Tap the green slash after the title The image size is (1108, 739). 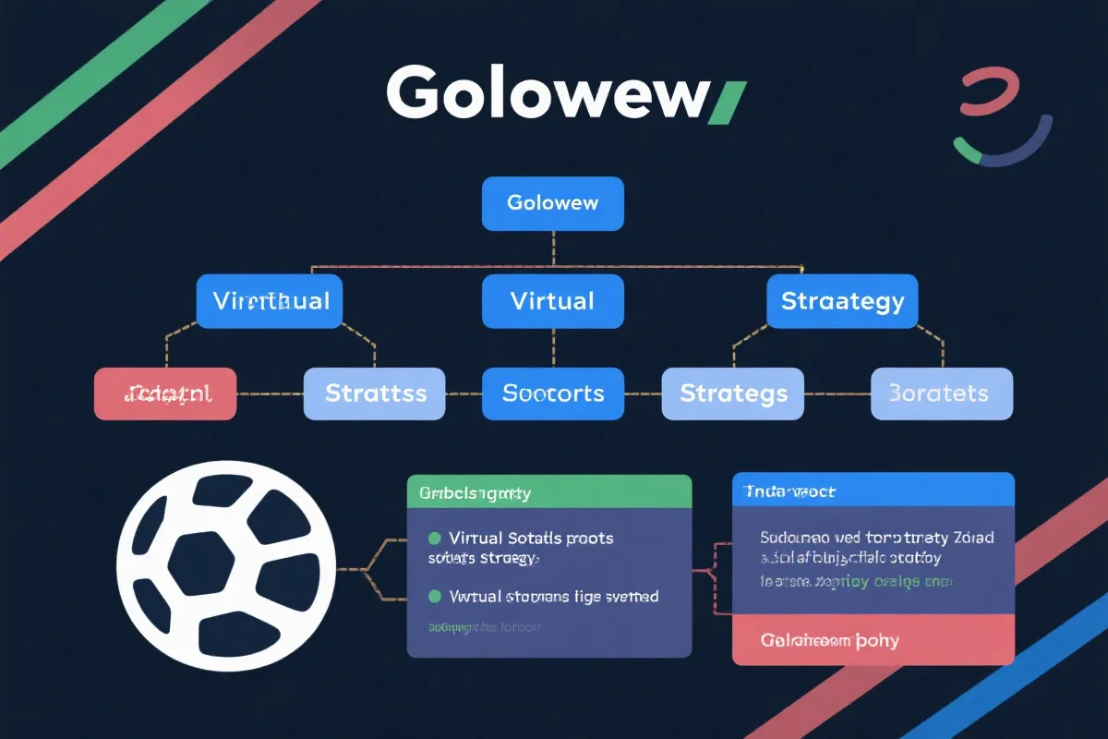coord(726,102)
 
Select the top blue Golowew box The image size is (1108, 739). coord(553,203)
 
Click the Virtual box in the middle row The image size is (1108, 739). coord(553,301)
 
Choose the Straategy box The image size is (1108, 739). coord(842,301)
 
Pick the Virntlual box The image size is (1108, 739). coord(270,301)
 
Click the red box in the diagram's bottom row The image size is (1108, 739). coord(166,394)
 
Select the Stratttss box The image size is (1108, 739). coord(375,394)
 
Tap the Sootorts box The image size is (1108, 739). coord(553,394)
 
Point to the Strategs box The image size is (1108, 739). coord(733,394)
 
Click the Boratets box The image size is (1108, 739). coord(942,394)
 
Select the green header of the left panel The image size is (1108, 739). coord(549,491)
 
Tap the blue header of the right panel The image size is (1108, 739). coord(873,490)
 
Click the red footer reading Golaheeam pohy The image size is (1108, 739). coord(873,640)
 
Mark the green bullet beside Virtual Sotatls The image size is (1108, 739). coord(434,538)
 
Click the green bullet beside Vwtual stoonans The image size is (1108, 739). coord(434,597)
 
